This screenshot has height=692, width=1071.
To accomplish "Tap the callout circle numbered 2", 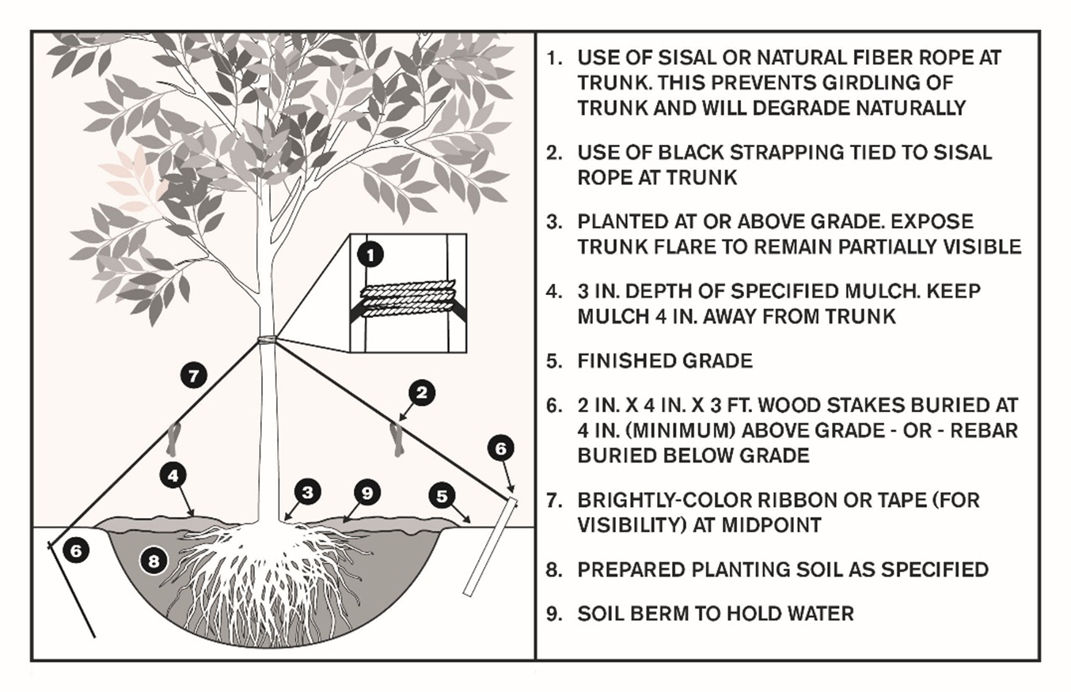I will (x=422, y=391).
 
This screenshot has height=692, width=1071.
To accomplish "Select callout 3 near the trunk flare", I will (x=307, y=492).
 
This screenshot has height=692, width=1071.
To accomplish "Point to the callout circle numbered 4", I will (x=173, y=475).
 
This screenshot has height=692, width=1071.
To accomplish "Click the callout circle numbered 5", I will (x=442, y=496).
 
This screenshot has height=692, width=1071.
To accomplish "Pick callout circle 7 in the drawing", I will (x=192, y=375).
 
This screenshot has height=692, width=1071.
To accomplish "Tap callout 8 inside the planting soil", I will (x=154, y=561).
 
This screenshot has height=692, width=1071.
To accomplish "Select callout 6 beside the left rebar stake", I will (x=74, y=551).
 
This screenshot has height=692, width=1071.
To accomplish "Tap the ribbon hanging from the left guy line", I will (x=173, y=439).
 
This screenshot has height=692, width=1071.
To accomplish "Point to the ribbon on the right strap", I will (x=397, y=439).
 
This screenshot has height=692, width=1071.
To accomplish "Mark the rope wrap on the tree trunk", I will (x=268, y=342).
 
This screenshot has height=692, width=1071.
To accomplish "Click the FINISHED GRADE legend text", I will (x=665, y=361).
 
